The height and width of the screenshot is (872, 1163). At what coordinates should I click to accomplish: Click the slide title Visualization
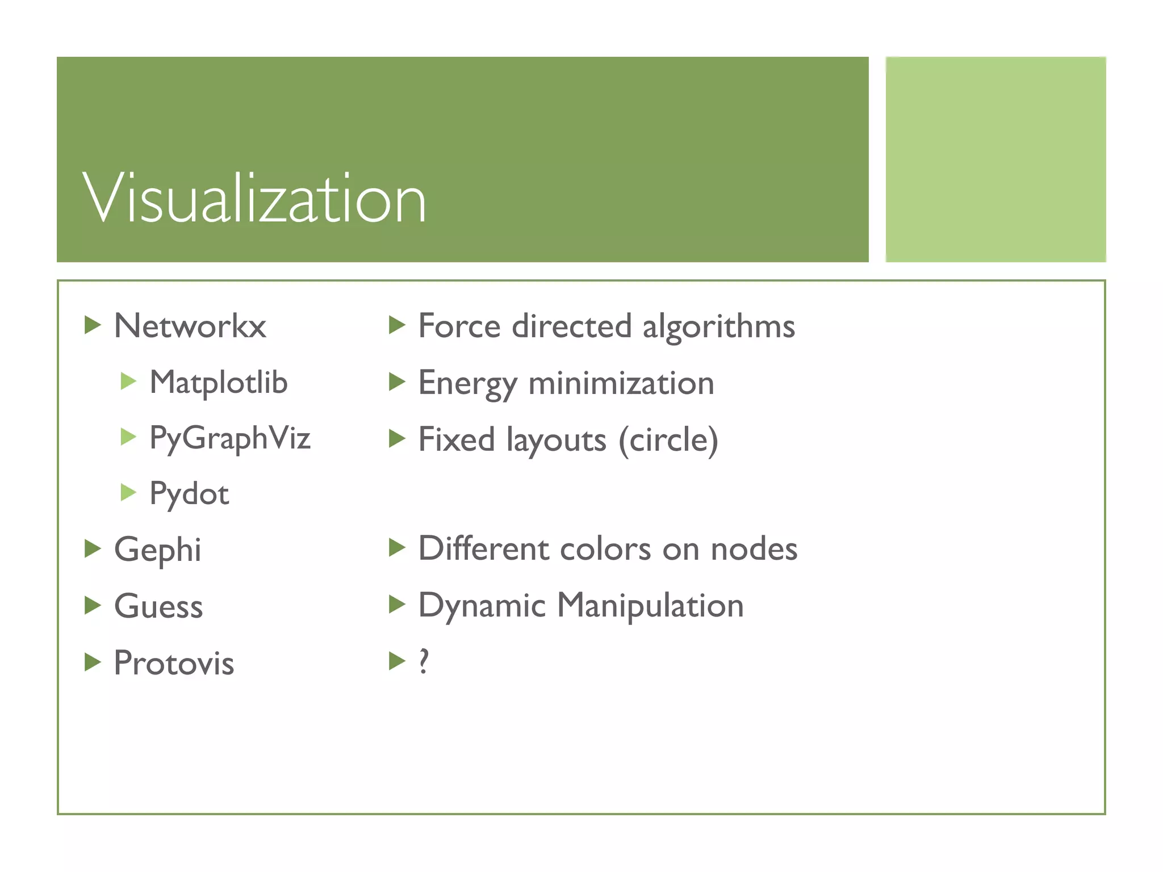click(x=254, y=199)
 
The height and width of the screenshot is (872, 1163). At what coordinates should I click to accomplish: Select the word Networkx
click(x=190, y=326)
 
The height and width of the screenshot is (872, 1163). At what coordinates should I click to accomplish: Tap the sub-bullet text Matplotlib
click(x=219, y=382)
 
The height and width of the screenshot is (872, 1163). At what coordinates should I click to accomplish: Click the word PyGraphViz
click(x=230, y=438)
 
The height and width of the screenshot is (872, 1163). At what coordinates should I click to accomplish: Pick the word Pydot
click(x=189, y=494)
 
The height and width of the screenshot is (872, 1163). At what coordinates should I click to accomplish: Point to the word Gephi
click(x=157, y=550)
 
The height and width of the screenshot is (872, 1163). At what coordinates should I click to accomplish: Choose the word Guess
click(x=158, y=606)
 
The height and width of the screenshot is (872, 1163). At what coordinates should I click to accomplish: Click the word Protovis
click(x=174, y=663)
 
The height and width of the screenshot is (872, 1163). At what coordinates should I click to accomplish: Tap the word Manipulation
click(x=650, y=605)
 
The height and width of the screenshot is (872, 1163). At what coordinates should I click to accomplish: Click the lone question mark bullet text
click(x=424, y=661)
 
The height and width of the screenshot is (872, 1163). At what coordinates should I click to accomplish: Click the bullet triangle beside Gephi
click(x=93, y=549)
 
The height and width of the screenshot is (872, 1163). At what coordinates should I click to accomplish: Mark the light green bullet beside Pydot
click(x=128, y=493)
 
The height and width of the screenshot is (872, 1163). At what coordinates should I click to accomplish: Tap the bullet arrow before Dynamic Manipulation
click(x=397, y=605)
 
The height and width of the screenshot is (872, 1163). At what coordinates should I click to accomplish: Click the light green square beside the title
click(x=995, y=160)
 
